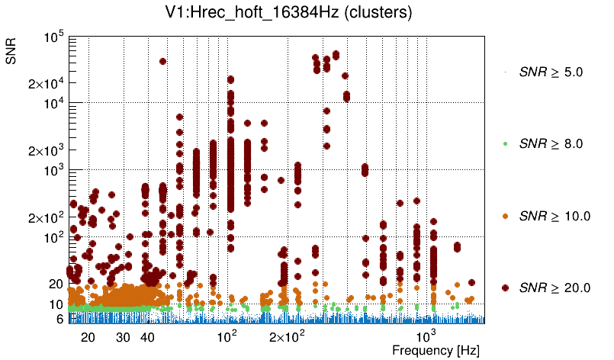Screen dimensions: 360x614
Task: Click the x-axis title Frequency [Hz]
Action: point(425,350)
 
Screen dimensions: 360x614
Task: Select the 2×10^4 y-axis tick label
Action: point(47,83)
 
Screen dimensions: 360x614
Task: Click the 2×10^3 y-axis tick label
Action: point(47,150)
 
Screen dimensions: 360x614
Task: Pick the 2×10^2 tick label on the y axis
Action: point(47,217)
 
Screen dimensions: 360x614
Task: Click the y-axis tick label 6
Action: point(59,319)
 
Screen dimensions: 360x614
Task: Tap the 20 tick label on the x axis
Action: point(88,336)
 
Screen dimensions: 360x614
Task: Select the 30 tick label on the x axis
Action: point(123,336)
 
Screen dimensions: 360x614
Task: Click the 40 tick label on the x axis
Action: point(148,336)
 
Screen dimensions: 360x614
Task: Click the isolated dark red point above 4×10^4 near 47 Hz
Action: point(162,61)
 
